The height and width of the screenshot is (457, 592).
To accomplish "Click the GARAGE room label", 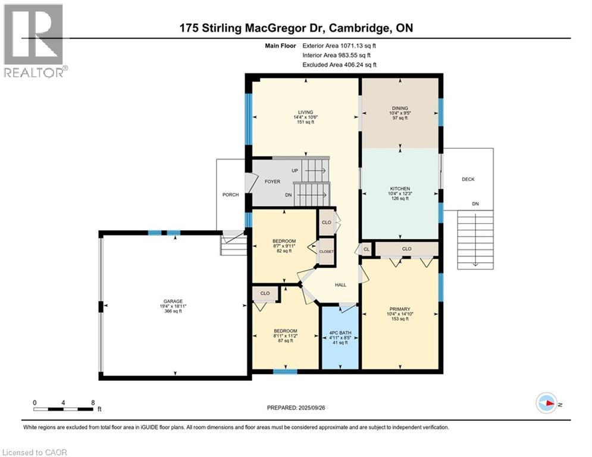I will click(x=174, y=301).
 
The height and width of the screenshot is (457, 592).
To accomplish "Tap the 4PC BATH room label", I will click(x=340, y=333).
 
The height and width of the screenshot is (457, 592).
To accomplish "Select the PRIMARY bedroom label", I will click(x=399, y=309).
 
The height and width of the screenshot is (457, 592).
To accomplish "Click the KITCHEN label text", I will click(x=400, y=189).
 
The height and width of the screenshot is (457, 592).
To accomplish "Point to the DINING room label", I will click(x=400, y=108).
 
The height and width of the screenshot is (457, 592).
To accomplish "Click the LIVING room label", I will click(x=306, y=111).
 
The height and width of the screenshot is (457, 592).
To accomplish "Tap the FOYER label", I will click(x=272, y=181).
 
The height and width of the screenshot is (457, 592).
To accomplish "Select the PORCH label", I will click(x=230, y=195).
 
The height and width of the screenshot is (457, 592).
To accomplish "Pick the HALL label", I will click(x=340, y=285).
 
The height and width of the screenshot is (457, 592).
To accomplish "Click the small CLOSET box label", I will click(x=326, y=252).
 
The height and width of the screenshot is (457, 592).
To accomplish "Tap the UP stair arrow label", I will click(x=295, y=170).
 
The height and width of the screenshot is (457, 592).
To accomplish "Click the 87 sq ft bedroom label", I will click(x=285, y=331).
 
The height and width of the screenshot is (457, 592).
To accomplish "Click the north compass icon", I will click(x=546, y=403).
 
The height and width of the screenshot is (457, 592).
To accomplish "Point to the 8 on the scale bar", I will click(x=93, y=402).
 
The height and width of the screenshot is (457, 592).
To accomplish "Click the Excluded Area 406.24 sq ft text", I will click(x=339, y=65).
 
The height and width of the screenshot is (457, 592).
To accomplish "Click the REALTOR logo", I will click(x=34, y=40).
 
